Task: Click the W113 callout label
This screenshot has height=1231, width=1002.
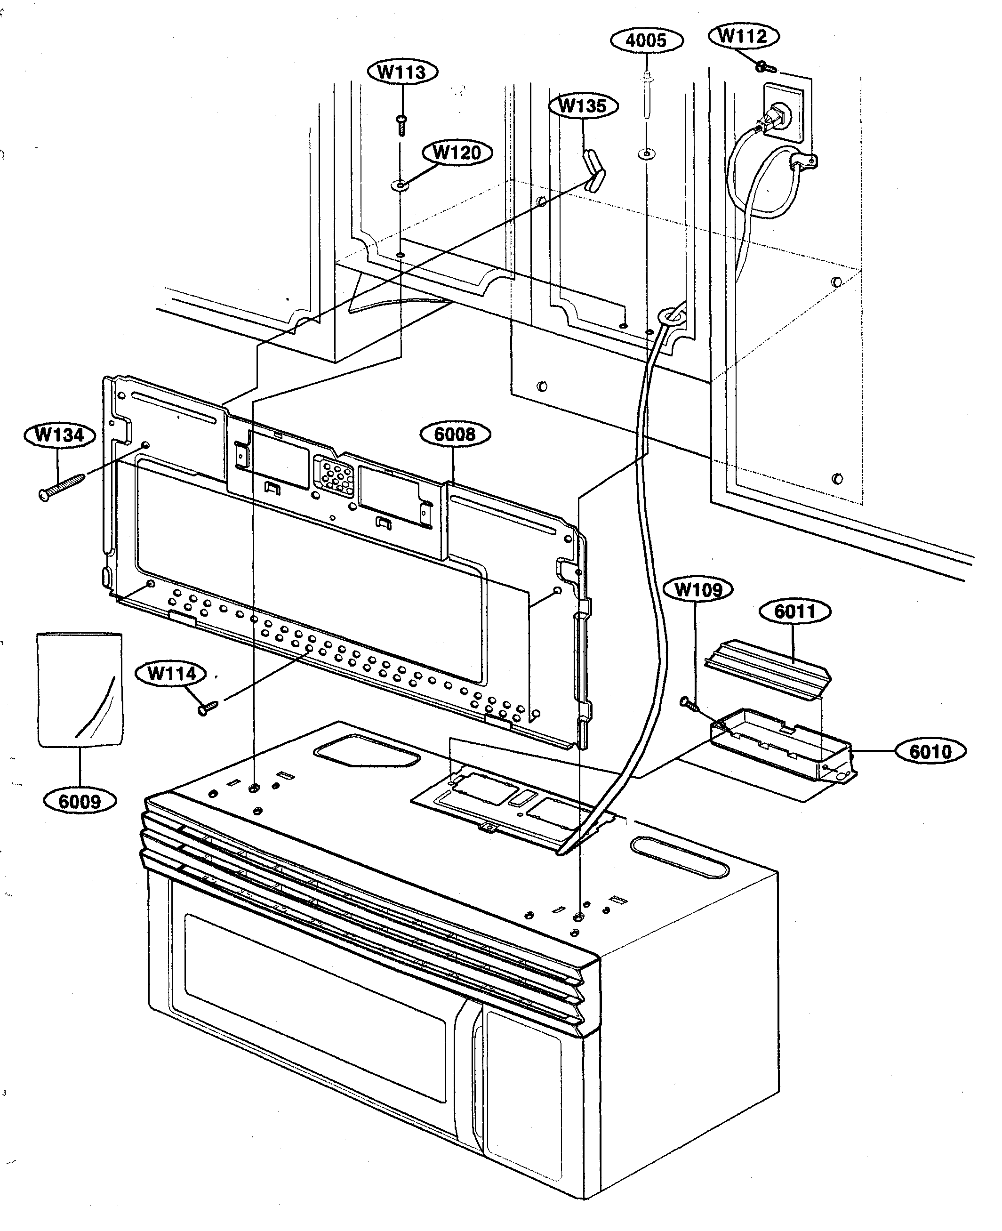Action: click(402, 72)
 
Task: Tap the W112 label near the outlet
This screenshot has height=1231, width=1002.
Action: click(743, 36)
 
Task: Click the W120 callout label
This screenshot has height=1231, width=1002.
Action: click(457, 153)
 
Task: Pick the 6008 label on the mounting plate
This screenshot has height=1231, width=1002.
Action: click(455, 434)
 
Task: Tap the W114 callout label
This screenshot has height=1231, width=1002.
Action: click(171, 673)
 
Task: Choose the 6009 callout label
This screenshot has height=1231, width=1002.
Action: click(80, 801)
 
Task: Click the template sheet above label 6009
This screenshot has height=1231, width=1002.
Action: click(80, 690)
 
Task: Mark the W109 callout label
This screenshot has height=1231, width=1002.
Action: click(698, 589)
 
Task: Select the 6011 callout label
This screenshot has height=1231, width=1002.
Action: click(795, 611)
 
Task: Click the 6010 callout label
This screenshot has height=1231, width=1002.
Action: click(930, 751)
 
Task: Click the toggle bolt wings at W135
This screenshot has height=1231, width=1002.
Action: click(594, 170)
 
